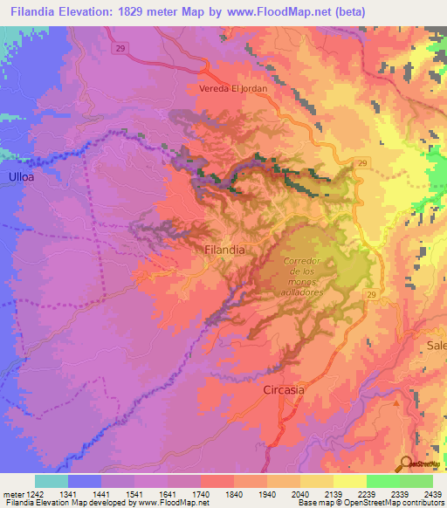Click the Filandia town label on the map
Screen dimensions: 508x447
point(223,250)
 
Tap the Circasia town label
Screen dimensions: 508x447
point(284,390)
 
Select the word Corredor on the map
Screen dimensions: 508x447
point(303,261)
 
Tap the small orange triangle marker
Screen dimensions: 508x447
point(398,403)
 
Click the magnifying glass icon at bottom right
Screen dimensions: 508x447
point(406,463)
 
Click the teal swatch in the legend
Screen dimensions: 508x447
point(51,481)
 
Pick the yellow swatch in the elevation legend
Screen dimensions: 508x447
point(349,481)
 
